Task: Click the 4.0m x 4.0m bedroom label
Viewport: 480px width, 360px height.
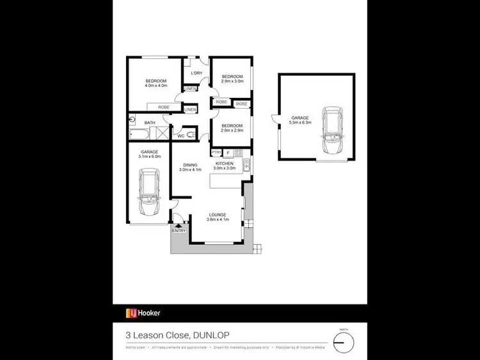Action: [x=156, y=83]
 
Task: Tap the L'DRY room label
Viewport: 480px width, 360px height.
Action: [x=197, y=74]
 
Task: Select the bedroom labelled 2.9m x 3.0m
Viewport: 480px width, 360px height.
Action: [x=232, y=79]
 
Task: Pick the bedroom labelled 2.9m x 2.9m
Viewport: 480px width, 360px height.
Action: [x=232, y=128]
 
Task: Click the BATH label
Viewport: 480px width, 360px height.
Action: [x=150, y=122]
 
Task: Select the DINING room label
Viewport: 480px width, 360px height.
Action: [x=190, y=167]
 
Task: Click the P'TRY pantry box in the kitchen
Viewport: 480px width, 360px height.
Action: [x=216, y=152]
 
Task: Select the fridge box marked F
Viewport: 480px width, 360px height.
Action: [x=227, y=152]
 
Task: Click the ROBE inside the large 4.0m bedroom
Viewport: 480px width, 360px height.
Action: [x=164, y=107]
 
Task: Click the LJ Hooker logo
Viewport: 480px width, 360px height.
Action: [x=143, y=313]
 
